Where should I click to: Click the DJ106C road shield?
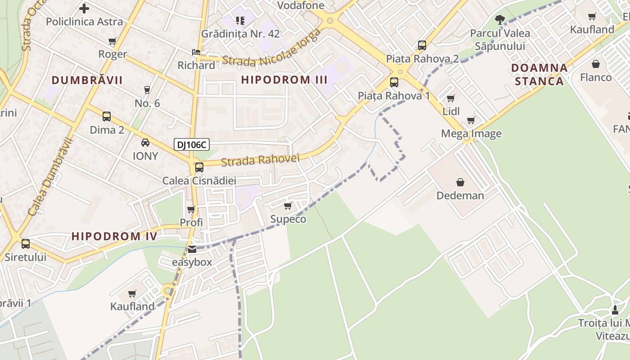tap(192, 144)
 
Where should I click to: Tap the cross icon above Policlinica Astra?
tap(84, 8)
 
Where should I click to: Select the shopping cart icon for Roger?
tap(112, 41)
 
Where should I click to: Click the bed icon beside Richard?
tap(196, 52)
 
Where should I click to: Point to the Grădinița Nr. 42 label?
tap(240, 34)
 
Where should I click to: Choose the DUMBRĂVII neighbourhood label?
tap(87, 80)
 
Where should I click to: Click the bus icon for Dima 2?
tap(107, 117)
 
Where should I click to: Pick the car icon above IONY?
tap(145, 143)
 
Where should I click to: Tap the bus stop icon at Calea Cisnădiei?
tap(199, 167)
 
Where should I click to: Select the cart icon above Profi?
tap(191, 209)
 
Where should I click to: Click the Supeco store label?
tap(288, 219)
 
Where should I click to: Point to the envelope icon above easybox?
tap(192, 249)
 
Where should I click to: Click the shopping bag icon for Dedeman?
tap(460, 182)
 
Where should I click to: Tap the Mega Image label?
tap(471, 134)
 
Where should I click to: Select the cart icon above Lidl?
tap(450, 99)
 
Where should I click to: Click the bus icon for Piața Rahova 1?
tap(394, 82)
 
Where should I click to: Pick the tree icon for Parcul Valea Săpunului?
tap(500, 19)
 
